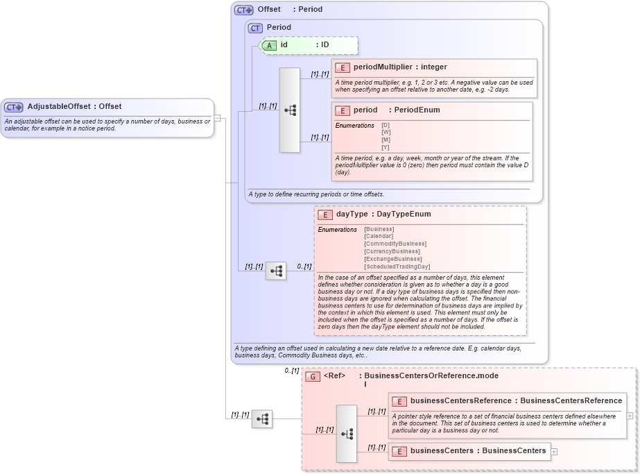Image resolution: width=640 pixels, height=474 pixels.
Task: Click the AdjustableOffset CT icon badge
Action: [x=14, y=107]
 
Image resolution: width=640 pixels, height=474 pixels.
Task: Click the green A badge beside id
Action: [x=269, y=45]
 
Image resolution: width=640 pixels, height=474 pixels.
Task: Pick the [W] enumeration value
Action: [x=386, y=133]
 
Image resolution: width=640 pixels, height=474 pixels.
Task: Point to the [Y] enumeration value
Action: [x=386, y=147]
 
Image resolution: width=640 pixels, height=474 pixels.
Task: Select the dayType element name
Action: [x=352, y=214]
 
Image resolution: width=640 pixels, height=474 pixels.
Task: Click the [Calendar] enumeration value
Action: [x=379, y=237]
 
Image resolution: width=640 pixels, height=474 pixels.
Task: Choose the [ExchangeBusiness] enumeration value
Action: [x=393, y=259]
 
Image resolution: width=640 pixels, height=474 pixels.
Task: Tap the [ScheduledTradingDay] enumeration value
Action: [x=397, y=266]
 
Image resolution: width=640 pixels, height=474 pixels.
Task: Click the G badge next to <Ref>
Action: [x=313, y=377]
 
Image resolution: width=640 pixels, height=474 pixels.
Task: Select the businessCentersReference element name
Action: [x=460, y=400]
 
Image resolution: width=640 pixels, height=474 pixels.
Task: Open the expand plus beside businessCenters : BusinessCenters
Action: [x=554, y=451]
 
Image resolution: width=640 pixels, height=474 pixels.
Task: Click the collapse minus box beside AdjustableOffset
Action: [x=217, y=118]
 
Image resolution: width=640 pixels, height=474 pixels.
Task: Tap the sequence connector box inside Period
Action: [x=290, y=110]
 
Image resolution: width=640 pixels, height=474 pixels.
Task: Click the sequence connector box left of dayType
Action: [x=275, y=271]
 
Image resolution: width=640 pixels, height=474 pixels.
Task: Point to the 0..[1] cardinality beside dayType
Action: [x=304, y=266]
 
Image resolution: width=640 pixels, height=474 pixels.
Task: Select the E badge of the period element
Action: [x=342, y=110]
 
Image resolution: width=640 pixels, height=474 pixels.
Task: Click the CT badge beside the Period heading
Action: [x=255, y=28]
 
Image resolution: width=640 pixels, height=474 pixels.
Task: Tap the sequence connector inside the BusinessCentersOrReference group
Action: [x=347, y=434]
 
